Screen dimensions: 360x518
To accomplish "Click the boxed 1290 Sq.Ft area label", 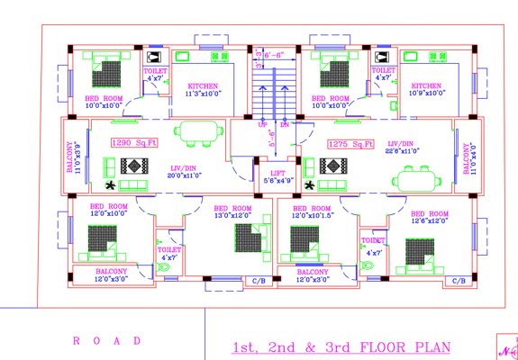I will [134, 142].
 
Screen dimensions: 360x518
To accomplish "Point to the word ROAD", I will [107, 341].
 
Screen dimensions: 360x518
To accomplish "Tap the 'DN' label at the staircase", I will [285, 124].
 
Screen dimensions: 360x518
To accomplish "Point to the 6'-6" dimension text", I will [274, 55].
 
